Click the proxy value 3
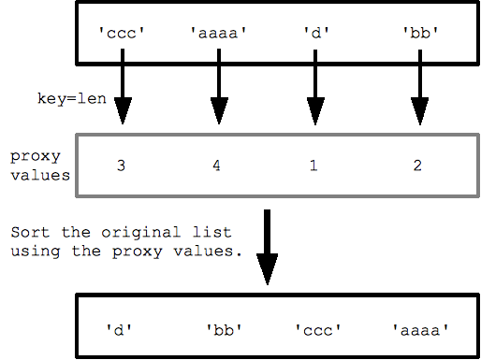121,166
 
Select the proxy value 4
218,166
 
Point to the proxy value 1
313,166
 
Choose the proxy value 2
416,166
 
